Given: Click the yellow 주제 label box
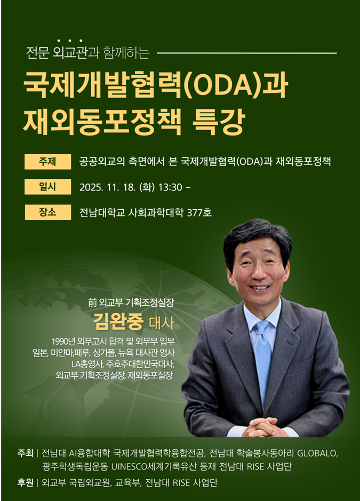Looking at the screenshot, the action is (x=48, y=162).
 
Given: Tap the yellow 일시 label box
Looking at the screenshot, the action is (x=48, y=187).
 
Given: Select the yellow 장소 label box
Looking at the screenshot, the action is (x=48, y=212).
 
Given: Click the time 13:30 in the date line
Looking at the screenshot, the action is (x=170, y=187).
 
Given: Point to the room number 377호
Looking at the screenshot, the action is (x=199, y=212).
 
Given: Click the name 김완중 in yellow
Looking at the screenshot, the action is (x=118, y=322).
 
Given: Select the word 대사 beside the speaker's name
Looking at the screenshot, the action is (x=162, y=323).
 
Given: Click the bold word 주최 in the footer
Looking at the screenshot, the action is (x=25, y=453).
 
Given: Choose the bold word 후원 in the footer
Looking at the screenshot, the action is (x=25, y=482).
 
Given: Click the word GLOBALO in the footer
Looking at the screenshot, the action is (x=317, y=453).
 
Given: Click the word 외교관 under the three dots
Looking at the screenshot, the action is (x=70, y=53).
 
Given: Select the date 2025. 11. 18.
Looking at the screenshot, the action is (x=108, y=187).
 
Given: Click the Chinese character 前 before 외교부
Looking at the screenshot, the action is (x=92, y=303).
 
